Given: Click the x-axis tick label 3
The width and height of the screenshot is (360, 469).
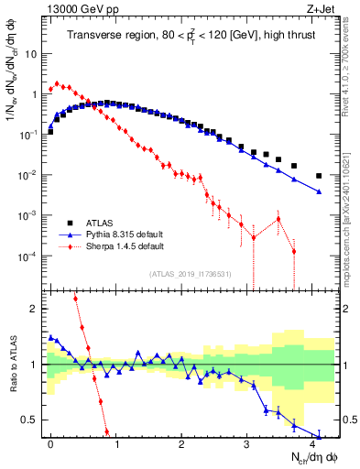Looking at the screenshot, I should coord(247,443).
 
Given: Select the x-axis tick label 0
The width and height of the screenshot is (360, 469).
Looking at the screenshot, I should coord(50,443).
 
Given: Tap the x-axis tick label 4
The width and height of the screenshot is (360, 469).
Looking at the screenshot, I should coord(312,443).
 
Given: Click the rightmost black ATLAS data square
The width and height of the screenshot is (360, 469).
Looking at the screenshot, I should coord(319,176).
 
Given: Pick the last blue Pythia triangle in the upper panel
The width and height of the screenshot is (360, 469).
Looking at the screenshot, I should coord(319,191).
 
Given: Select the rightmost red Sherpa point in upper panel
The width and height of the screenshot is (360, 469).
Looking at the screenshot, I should coord(294,251).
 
